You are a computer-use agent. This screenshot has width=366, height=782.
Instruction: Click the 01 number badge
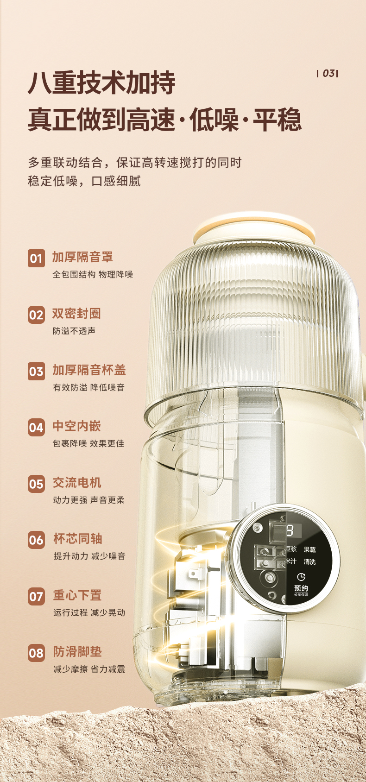click(x=36, y=259)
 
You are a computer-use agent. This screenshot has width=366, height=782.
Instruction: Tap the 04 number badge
click(x=36, y=427)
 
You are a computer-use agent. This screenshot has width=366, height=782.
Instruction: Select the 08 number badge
click(x=36, y=653)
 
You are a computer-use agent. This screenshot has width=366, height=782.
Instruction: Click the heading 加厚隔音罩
click(x=83, y=257)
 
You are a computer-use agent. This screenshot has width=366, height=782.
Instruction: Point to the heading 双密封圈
click(x=76, y=313)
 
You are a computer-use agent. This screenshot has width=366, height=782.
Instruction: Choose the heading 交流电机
click(x=77, y=482)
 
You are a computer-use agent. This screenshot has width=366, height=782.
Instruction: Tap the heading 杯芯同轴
click(x=78, y=539)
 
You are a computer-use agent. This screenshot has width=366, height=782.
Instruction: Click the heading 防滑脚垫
click(x=77, y=651)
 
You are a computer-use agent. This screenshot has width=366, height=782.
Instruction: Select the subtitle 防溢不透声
click(x=74, y=331)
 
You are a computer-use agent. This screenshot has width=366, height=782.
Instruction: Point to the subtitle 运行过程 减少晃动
click(x=89, y=613)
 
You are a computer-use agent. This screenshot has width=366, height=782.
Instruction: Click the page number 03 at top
click(x=328, y=73)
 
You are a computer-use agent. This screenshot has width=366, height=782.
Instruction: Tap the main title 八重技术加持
click(x=101, y=82)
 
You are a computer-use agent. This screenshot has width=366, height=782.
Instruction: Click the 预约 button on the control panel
click(x=301, y=588)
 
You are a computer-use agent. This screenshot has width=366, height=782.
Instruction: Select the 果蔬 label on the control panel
click(x=310, y=550)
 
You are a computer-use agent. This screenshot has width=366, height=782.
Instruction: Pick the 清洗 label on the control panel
click(x=310, y=561)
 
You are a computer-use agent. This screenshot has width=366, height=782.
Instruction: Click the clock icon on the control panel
click(x=301, y=577)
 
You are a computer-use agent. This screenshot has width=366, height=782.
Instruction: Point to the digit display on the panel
click(x=290, y=531)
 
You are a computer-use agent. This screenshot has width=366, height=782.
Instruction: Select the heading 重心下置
click(x=77, y=595)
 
